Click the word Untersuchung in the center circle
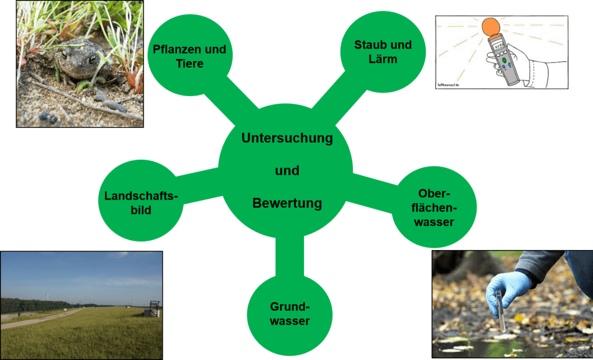(287, 139)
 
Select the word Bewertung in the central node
(287, 204)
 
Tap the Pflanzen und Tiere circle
(190, 55)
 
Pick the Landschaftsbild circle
(141, 200)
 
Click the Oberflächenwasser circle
(434, 207)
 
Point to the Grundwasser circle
(290, 314)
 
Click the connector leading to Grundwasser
(290, 256)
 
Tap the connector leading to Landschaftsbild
(199, 185)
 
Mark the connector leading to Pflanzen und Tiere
(242, 100)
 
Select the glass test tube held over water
(501, 313)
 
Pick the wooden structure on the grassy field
(154, 308)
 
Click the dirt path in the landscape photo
(42, 318)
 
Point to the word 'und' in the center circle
(287, 171)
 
